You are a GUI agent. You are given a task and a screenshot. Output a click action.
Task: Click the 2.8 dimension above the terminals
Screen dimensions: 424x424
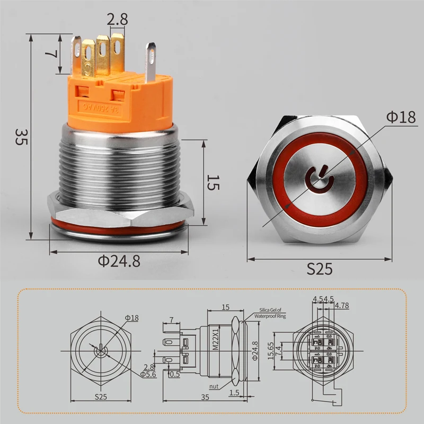[116, 20]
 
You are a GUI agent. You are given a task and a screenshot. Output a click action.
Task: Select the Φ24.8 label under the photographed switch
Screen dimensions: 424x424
[119, 261]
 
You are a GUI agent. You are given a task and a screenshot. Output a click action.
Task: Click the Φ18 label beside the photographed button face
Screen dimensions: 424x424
[401, 118]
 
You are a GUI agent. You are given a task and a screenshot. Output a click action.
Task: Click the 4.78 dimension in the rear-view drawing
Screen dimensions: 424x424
[341, 305]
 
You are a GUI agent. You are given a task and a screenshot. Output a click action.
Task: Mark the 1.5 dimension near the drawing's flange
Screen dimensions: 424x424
[234, 392]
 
